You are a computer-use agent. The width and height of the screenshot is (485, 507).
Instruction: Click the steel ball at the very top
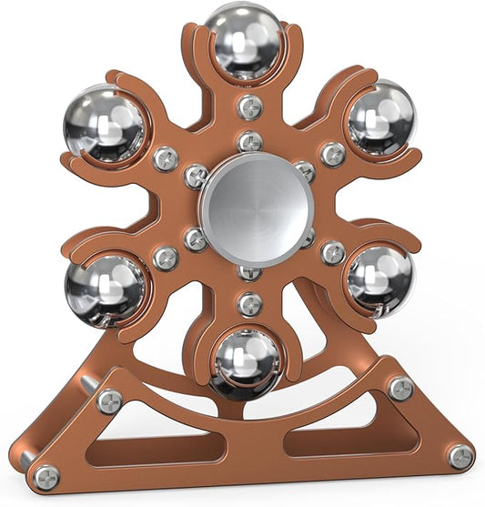pyautogui.click(x=243, y=41)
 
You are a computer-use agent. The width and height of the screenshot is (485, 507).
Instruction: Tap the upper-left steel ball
pyautogui.click(x=103, y=124)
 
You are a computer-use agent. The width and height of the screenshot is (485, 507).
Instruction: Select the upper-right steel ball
pyautogui.click(x=379, y=118)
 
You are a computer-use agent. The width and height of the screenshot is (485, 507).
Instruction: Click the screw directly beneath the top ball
pyautogui.click(x=249, y=106)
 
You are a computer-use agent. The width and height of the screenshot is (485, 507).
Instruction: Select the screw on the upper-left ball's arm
pyautogui.click(x=165, y=158)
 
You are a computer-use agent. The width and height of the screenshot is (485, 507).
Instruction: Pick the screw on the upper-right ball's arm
pyautogui.click(x=333, y=154)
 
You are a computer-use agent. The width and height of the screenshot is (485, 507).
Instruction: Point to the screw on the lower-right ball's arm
pyautogui.click(x=333, y=252)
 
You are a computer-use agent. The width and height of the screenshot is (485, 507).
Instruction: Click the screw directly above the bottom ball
pyautogui.click(x=249, y=303)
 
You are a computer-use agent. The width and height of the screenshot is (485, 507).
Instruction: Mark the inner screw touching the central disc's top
pyautogui.click(x=249, y=142)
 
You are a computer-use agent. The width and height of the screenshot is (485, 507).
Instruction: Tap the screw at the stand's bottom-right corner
pyautogui.click(x=460, y=456)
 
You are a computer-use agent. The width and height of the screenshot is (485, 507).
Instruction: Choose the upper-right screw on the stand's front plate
pyautogui.click(x=400, y=389)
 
